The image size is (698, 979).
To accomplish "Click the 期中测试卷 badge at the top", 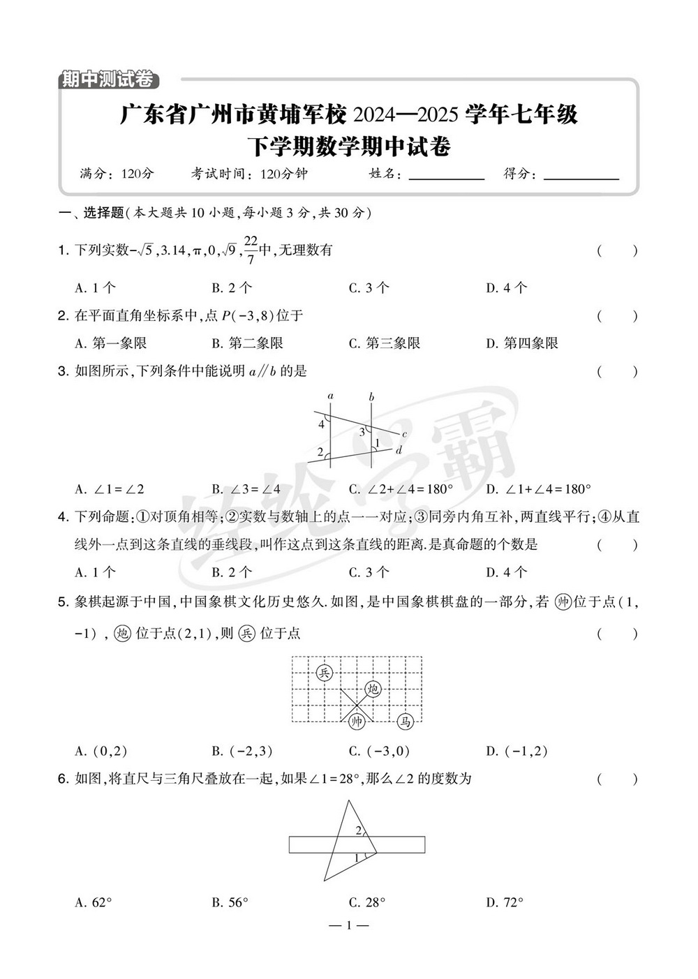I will [106, 80].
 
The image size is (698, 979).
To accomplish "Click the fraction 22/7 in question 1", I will [251, 250].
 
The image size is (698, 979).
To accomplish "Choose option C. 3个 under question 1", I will [369, 287].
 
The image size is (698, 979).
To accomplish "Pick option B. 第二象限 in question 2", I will [247, 343].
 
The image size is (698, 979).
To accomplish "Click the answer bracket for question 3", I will [617, 372].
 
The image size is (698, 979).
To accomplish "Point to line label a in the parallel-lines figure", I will [330, 396].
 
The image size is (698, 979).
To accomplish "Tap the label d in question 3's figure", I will [399, 450].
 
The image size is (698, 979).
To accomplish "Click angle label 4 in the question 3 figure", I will [321, 424].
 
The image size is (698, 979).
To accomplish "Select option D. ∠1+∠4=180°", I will [538, 489].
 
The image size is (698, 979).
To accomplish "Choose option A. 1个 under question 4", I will [95, 572].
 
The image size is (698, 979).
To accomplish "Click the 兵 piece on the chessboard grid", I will [324, 672].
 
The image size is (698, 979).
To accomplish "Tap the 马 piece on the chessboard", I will [406, 722].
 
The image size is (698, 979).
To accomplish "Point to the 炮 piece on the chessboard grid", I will [373, 689].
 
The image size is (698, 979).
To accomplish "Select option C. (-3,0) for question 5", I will [379, 752].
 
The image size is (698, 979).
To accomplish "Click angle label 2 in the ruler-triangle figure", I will [358, 830].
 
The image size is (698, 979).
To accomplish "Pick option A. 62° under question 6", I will [94, 902].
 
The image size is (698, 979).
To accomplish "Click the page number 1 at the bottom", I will [348, 926].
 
